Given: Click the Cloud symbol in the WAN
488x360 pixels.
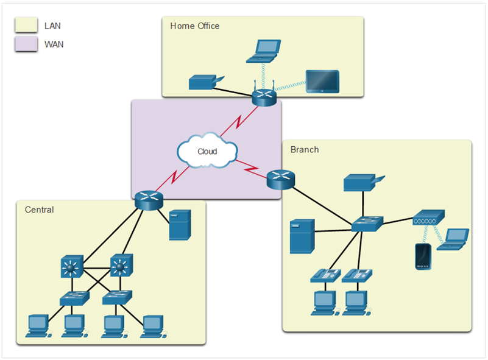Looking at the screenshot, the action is click(207, 150).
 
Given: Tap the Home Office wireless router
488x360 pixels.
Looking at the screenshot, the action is click(264, 96).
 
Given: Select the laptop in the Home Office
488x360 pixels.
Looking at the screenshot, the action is click(264, 51).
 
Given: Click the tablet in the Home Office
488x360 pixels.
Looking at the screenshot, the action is click(322, 82).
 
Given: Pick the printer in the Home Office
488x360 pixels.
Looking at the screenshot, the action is click(206, 82).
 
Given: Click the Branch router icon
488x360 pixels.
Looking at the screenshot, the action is click(281, 180).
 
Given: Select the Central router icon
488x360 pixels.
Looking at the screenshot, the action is click(149, 200).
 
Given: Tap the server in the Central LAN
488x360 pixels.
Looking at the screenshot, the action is click(180, 225).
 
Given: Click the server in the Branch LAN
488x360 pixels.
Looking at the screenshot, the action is click(302, 236).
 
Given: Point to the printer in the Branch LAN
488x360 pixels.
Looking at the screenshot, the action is click(364, 182).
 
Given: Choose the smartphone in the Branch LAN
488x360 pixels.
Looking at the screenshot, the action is click(423, 256).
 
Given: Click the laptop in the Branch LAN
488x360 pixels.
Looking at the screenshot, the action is click(453, 239).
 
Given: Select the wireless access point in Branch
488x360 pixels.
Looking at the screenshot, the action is click(428, 217).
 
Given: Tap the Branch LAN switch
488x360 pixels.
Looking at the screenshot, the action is click(367, 224).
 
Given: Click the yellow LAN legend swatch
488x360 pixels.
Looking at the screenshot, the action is click(26, 25).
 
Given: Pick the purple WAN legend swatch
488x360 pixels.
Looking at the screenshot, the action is click(26, 44).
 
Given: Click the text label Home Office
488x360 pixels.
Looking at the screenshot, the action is click(195, 26).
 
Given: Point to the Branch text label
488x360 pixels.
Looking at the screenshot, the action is click(305, 150).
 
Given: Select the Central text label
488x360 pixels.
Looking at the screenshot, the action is click(39, 210).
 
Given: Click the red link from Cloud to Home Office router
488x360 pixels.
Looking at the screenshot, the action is click(239, 121).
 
